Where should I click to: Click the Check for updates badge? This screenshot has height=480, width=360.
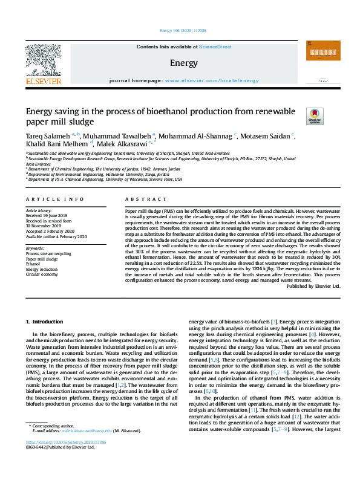[315, 115]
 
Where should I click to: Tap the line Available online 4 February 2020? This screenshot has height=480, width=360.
[56, 235]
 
